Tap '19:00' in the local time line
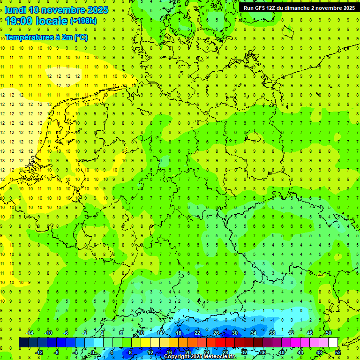point(19,21)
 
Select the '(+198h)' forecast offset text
point(83,21)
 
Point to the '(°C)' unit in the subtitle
point(80,37)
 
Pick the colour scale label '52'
point(338,352)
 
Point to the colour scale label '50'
point(328,333)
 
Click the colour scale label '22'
point(197,333)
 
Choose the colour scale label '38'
point(272,333)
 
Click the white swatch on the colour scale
point(333,343)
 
